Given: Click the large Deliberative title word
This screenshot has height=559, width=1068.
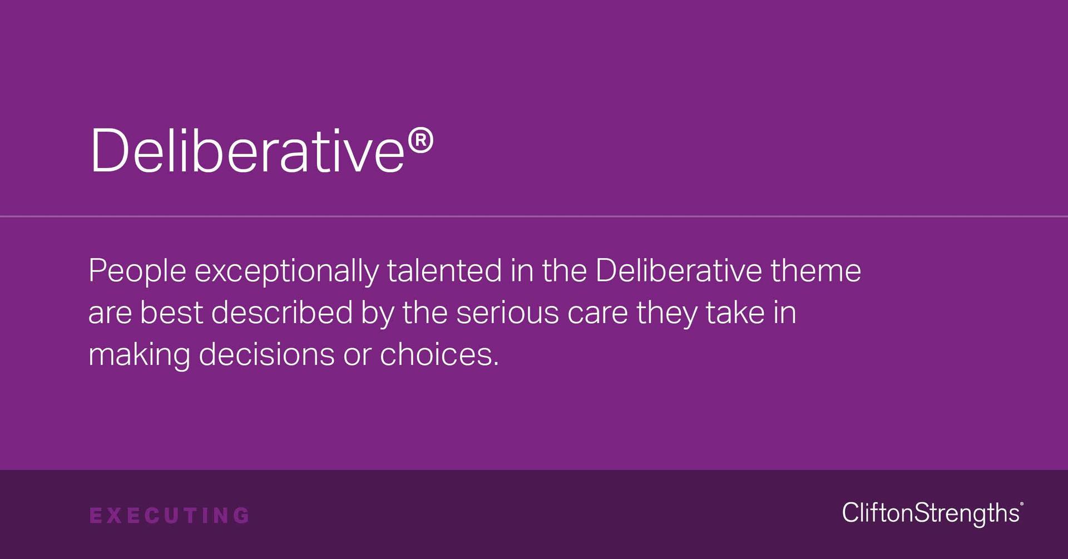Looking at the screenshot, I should pos(247,150).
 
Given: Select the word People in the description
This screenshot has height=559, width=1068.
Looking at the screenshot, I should pos(137,271).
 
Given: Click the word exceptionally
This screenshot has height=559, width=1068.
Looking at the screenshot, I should pos(286,271).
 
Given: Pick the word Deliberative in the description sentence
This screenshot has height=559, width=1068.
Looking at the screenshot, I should pos(678,270).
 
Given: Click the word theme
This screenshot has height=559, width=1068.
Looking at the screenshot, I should pos(815,270).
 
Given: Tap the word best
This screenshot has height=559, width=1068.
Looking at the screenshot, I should pos(171,312).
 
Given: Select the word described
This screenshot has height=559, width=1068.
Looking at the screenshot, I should pos(282,312).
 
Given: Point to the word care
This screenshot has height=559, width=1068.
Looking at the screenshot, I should pos(597,313).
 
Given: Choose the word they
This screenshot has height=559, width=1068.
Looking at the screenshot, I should pos(667,313).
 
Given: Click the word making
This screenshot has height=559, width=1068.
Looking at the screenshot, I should pos(139,355).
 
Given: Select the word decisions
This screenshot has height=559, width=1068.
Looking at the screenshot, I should pos(266,354).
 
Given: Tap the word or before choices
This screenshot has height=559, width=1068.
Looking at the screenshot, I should pos(357,355).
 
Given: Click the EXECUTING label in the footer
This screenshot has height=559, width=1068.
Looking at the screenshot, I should pos(170,516).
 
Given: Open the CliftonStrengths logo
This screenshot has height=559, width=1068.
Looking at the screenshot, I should pos(932,513).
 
